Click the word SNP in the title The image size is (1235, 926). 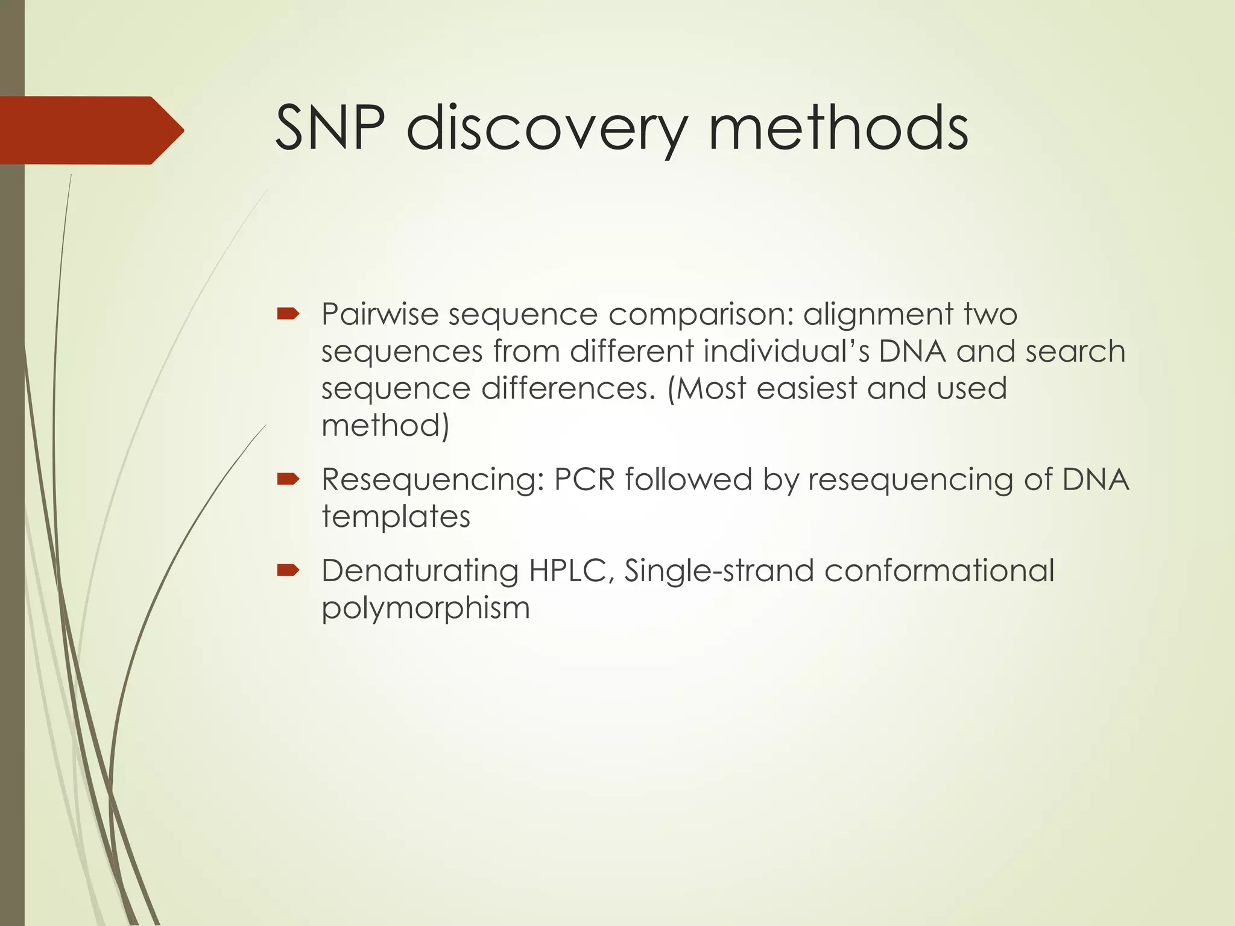click(330, 128)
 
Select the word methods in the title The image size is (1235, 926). click(838, 128)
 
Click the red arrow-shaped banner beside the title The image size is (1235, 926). click(90, 130)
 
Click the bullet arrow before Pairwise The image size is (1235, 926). click(288, 313)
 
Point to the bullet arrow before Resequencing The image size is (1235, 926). click(288, 479)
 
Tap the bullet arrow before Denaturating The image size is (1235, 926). click(288, 570)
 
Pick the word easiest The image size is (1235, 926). click(806, 388)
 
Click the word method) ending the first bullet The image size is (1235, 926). click(385, 426)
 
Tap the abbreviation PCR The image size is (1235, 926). click(584, 480)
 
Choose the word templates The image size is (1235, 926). click(396, 517)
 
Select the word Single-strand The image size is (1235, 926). click(719, 571)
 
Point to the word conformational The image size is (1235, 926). click(939, 571)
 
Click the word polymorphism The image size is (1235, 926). click(425, 608)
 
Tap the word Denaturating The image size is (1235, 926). click(420, 571)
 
